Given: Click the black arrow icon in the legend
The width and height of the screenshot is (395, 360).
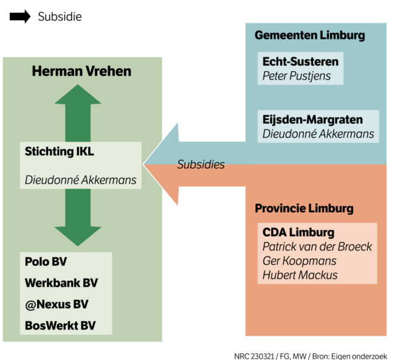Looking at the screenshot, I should tap(19, 17).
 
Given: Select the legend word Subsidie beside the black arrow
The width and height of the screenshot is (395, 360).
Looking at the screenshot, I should tap(60, 17).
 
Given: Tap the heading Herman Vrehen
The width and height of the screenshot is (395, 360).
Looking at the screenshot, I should tap(81, 72).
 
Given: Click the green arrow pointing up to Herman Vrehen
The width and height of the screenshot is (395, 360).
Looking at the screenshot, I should tap(78, 112).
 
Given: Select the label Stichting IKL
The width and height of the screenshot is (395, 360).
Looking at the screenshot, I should tap(60, 151).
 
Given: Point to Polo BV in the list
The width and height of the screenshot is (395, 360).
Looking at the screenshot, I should tap(46, 261).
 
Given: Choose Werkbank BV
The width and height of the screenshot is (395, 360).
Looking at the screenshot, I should tap(61, 283).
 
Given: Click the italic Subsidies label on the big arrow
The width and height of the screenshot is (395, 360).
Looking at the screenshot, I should tap(201, 164).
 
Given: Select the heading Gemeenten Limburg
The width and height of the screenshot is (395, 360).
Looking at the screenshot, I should tap(309, 35).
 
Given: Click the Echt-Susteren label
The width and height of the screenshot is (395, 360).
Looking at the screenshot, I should tap(300, 61).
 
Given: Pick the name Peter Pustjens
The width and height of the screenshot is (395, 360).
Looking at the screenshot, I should tap(297, 76).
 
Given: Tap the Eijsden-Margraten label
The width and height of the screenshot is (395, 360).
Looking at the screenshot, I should tap(312, 119).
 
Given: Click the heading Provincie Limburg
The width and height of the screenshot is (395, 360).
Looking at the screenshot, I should tap(304, 209).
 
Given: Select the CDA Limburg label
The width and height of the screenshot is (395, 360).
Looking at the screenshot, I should tap(298, 232).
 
